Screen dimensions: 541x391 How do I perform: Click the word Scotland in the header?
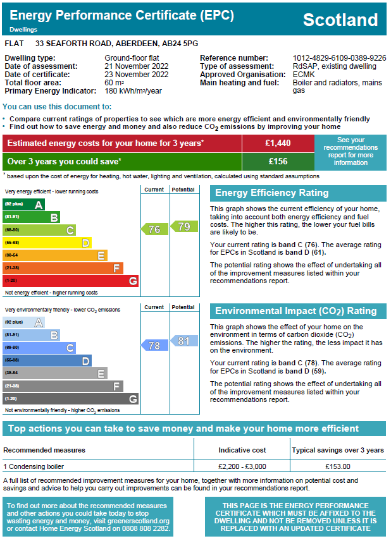click(340, 20)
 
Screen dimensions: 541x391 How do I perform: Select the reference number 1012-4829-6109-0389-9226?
click(339, 58)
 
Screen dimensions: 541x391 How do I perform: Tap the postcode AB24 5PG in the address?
click(180, 44)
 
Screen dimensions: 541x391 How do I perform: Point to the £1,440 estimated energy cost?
click(278, 143)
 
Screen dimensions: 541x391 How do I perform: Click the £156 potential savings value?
click(278, 161)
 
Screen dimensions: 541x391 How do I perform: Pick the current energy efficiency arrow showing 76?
click(154, 229)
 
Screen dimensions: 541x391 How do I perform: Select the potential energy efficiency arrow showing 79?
click(182, 226)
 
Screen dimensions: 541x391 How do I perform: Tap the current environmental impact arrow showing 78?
click(154, 345)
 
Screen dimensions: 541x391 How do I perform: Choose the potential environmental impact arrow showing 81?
click(182, 341)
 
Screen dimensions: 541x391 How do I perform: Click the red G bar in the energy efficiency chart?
click(71, 281)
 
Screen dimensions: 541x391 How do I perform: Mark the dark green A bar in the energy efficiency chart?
click(24, 205)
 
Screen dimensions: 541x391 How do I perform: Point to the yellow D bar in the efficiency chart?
click(47, 243)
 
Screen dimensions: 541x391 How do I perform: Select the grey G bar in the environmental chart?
click(71, 399)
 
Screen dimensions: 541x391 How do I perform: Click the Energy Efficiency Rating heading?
click(272, 193)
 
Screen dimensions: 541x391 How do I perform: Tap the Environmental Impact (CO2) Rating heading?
click(295, 311)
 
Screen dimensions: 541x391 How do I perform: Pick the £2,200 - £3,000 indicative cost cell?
click(242, 466)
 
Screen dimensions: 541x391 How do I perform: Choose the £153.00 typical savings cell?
click(338, 466)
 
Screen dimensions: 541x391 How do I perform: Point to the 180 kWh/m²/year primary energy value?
click(133, 91)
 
